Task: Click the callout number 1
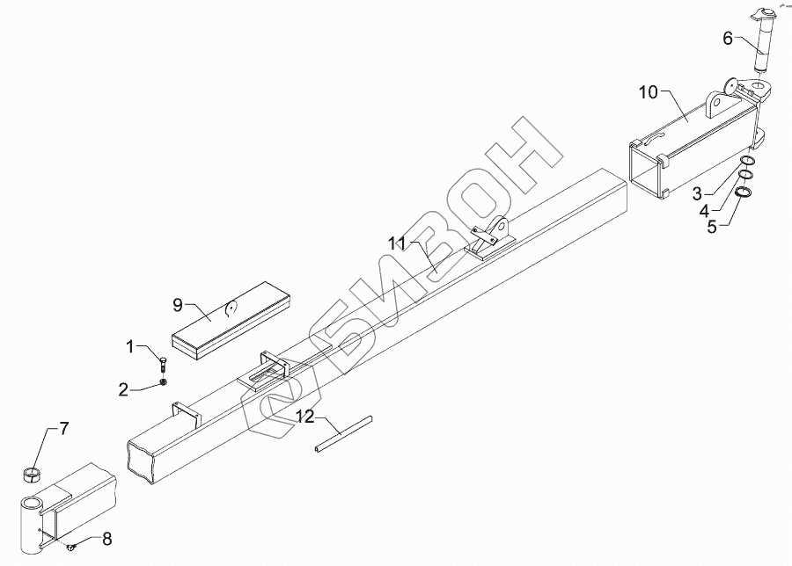coord(130,347)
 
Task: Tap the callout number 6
coord(727,39)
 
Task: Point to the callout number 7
coord(63,430)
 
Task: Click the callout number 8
coord(106,538)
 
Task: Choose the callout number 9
coord(177,307)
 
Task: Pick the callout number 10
coord(648,91)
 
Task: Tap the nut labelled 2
coord(164,381)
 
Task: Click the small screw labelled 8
coord(70,549)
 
